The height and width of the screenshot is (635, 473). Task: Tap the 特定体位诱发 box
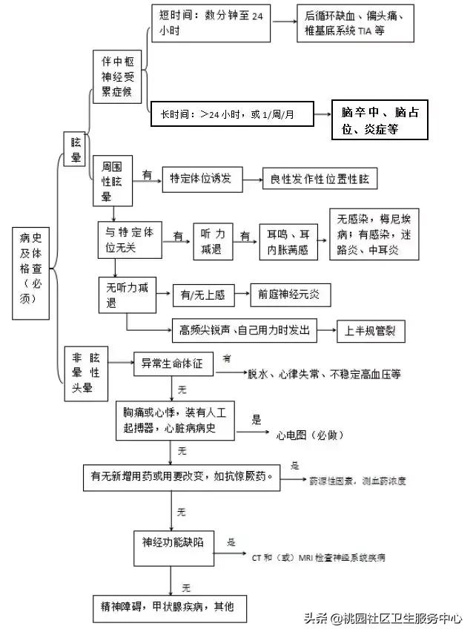[201, 179]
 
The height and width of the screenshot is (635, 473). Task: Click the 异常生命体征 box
[177, 363]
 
